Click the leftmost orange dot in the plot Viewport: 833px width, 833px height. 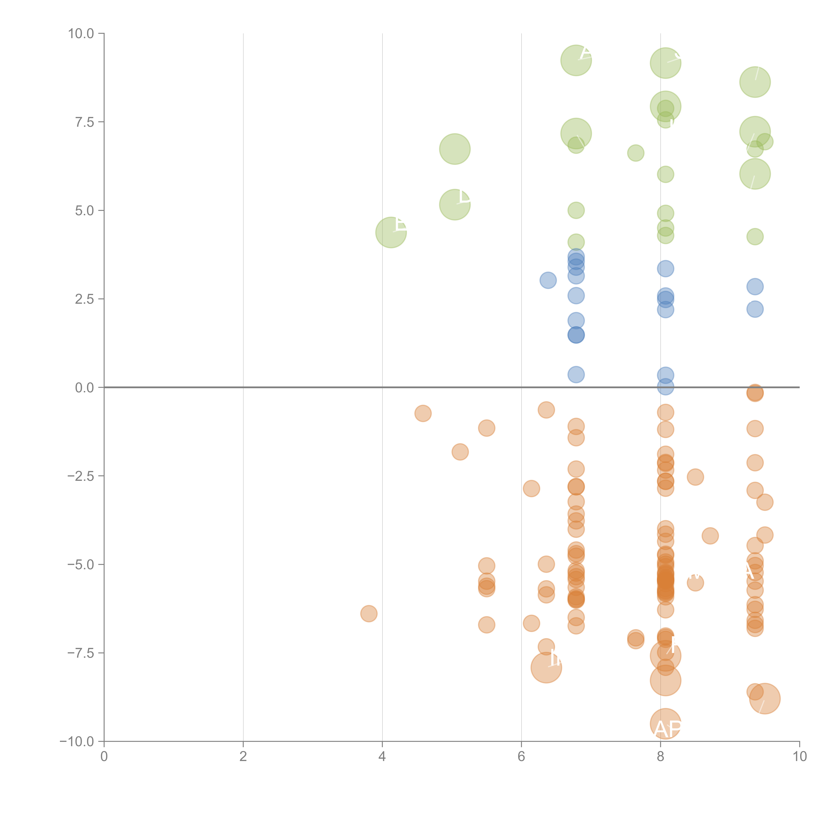click(369, 614)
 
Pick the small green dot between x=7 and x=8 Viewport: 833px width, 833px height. click(636, 153)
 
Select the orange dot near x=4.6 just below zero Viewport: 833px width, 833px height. click(423, 414)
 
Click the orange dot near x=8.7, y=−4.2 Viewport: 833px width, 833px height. click(710, 536)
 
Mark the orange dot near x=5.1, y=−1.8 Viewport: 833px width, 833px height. click(460, 452)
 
